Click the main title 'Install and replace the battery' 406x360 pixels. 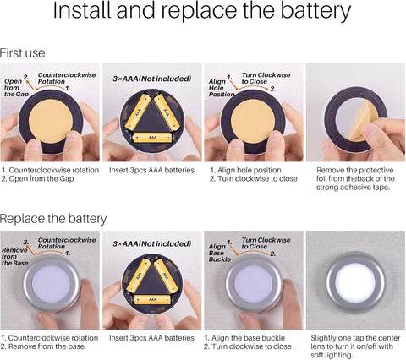(x=202, y=11)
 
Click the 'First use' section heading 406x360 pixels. (x=22, y=53)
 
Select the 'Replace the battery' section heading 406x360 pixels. (x=53, y=219)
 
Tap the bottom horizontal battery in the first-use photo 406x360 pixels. (x=152, y=137)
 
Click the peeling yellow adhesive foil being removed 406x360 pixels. (x=360, y=121)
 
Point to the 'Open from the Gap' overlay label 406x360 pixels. (x=16, y=88)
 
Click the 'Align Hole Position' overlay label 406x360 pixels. (x=222, y=88)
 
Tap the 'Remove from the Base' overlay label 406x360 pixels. (x=15, y=256)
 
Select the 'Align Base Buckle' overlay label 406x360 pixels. (x=220, y=253)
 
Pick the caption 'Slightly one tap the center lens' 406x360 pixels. (x=355, y=338)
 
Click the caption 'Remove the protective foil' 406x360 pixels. (x=354, y=170)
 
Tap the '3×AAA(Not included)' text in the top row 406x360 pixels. (x=152, y=79)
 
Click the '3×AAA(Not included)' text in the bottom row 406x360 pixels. (x=152, y=243)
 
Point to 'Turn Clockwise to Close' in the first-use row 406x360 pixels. (x=266, y=79)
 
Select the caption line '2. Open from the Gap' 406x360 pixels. (x=37, y=179)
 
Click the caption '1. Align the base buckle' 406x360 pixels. (x=244, y=338)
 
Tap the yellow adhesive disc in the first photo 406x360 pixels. (x=51, y=121)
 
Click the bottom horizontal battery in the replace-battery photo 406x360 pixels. (x=152, y=299)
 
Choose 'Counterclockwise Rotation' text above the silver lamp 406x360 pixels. (x=67, y=243)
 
